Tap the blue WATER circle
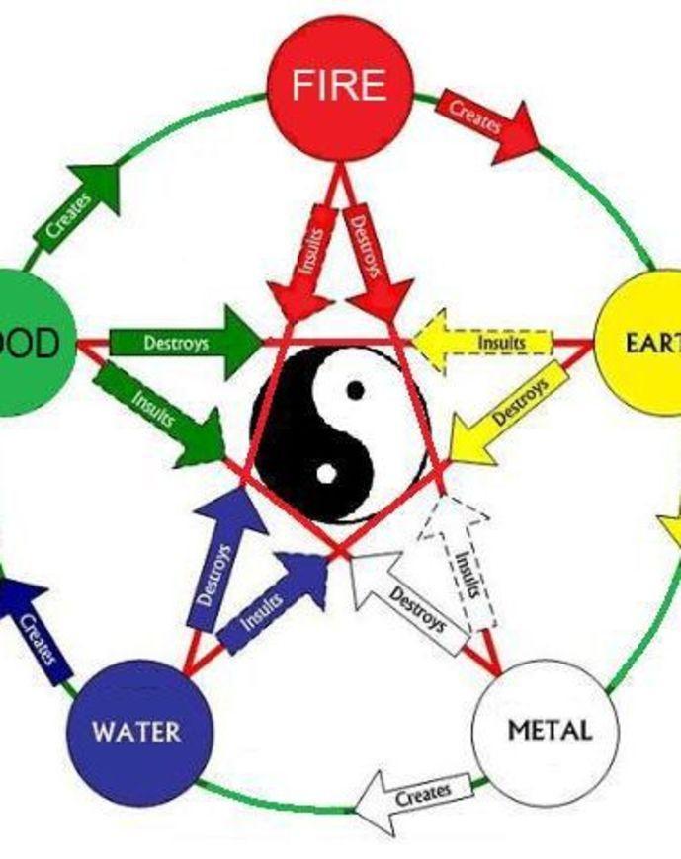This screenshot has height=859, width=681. click(x=138, y=733)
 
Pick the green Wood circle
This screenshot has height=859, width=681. click(x=30, y=343)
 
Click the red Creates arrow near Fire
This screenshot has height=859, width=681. click(x=486, y=117)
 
